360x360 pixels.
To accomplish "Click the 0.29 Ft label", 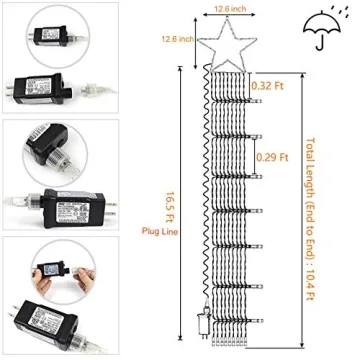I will (x=271, y=157).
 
